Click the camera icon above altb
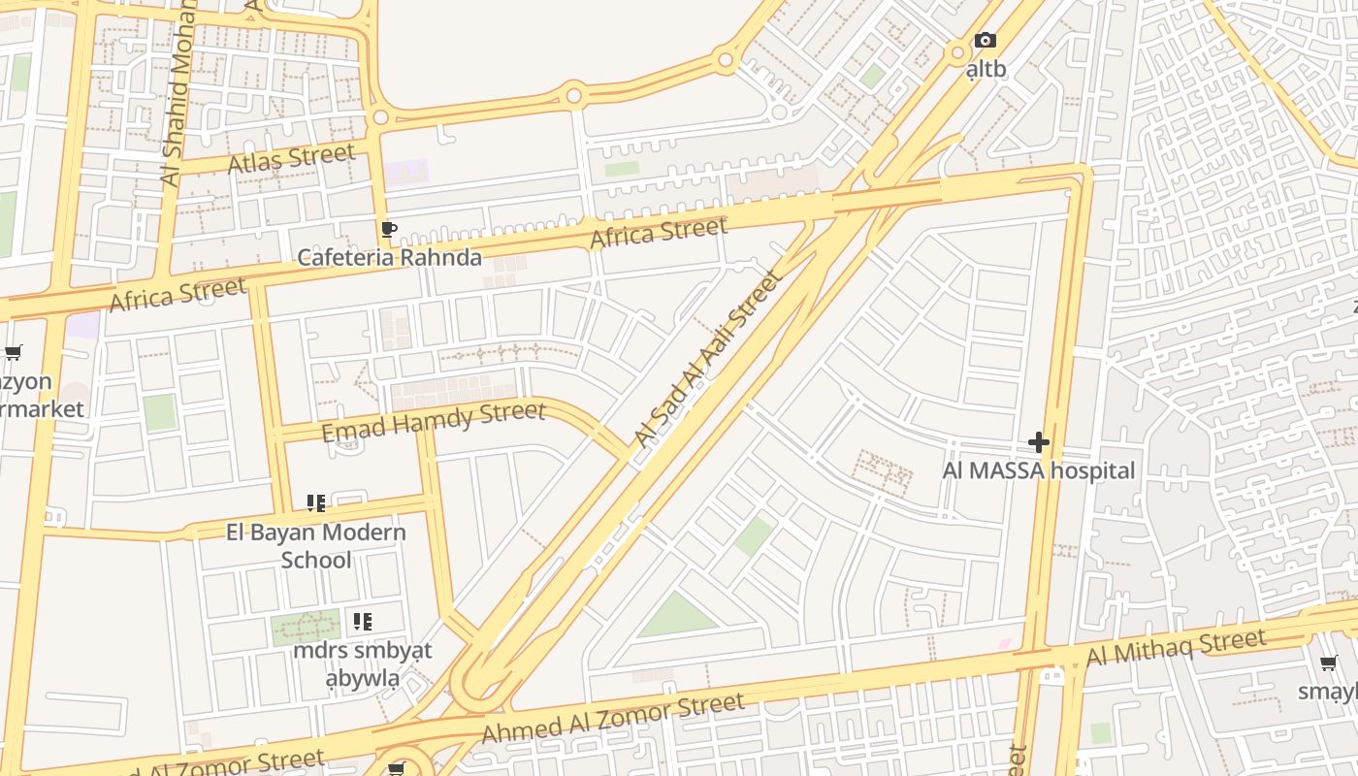[x=985, y=41]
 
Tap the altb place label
[x=986, y=70]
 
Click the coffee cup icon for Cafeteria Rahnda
[x=388, y=230]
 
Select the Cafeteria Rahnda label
[x=389, y=257]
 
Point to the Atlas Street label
[x=291, y=158]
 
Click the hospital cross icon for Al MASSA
[x=1039, y=442]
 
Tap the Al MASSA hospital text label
[x=1038, y=471]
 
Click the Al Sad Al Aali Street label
[x=707, y=359]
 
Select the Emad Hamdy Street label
[x=433, y=422]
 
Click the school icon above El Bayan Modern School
[x=316, y=503]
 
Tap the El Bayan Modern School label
[x=316, y=545]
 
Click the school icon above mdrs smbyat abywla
[x=362, y=622]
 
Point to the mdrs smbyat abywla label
[x=362, y=663]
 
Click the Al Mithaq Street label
[x=1176, y=647]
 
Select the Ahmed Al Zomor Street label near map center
[x=612, y=718]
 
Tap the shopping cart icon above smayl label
[x=1329, y=663]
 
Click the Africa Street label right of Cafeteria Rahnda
[x=659, y=233]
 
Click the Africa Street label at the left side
[x=177, y=294]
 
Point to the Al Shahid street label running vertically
[x=176, y=97]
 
